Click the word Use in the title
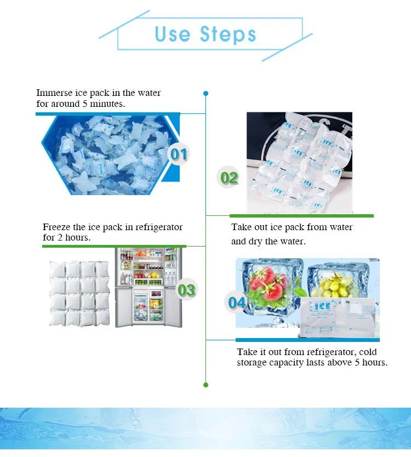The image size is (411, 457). pyautogui.click(x=173, y=35)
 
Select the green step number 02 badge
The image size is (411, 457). pyautogui.click(x=230, y=178)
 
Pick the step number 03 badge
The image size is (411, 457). pyautogui.click(x=186, y=290)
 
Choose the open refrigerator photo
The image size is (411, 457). pyautogui.click(x=148, y=287)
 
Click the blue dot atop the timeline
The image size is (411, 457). pyautogui.click(x=206, y=93)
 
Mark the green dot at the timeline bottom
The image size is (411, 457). pyautogui.click(x=206, y=385)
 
